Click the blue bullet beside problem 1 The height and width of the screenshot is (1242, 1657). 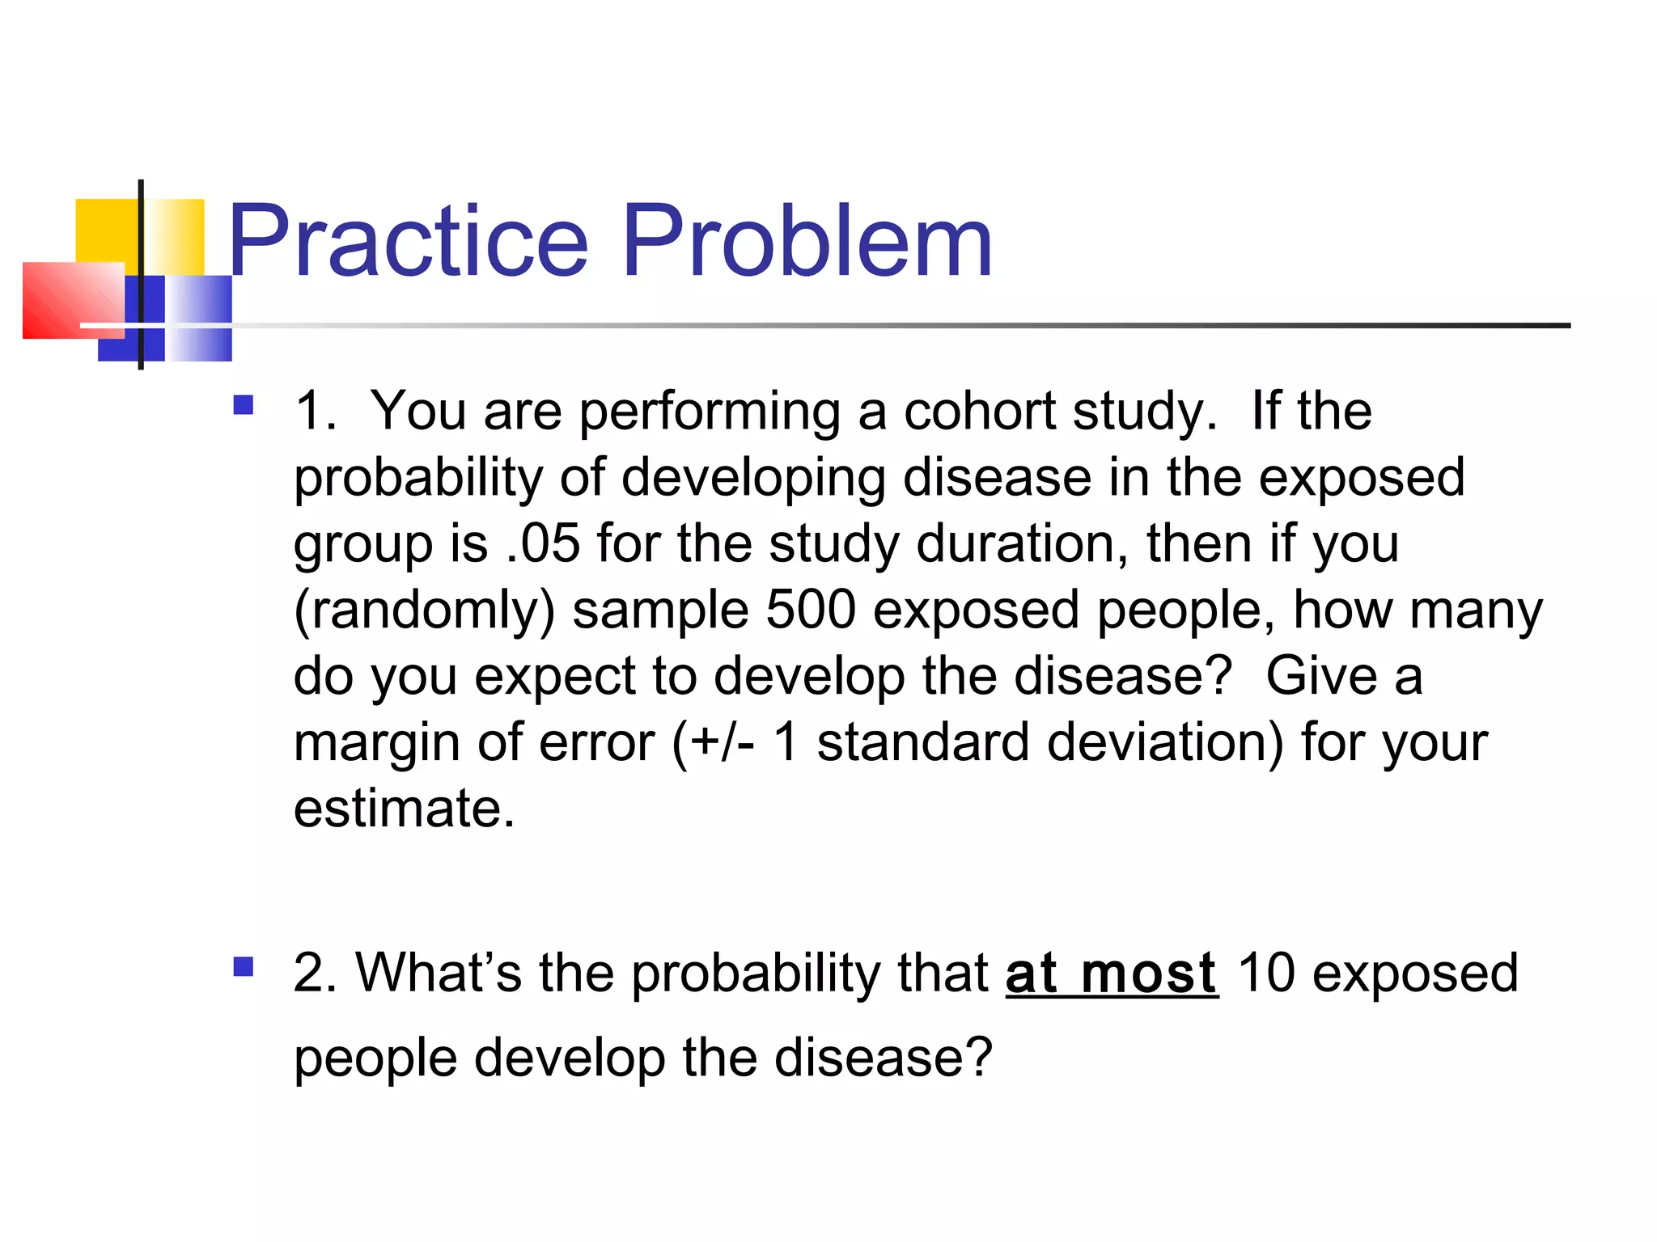coord(243,404)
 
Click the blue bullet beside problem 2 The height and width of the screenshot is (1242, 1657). coord(243,966)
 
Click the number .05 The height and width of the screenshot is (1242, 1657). coord(543,543)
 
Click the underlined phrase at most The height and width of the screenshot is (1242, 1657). coord(1111,974)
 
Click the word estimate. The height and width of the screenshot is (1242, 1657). coord(403,809)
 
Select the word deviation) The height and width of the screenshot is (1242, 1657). coord(1165,742)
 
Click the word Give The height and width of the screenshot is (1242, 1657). coord(1320,676)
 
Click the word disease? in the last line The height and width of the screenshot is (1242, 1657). coord(883,1058)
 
